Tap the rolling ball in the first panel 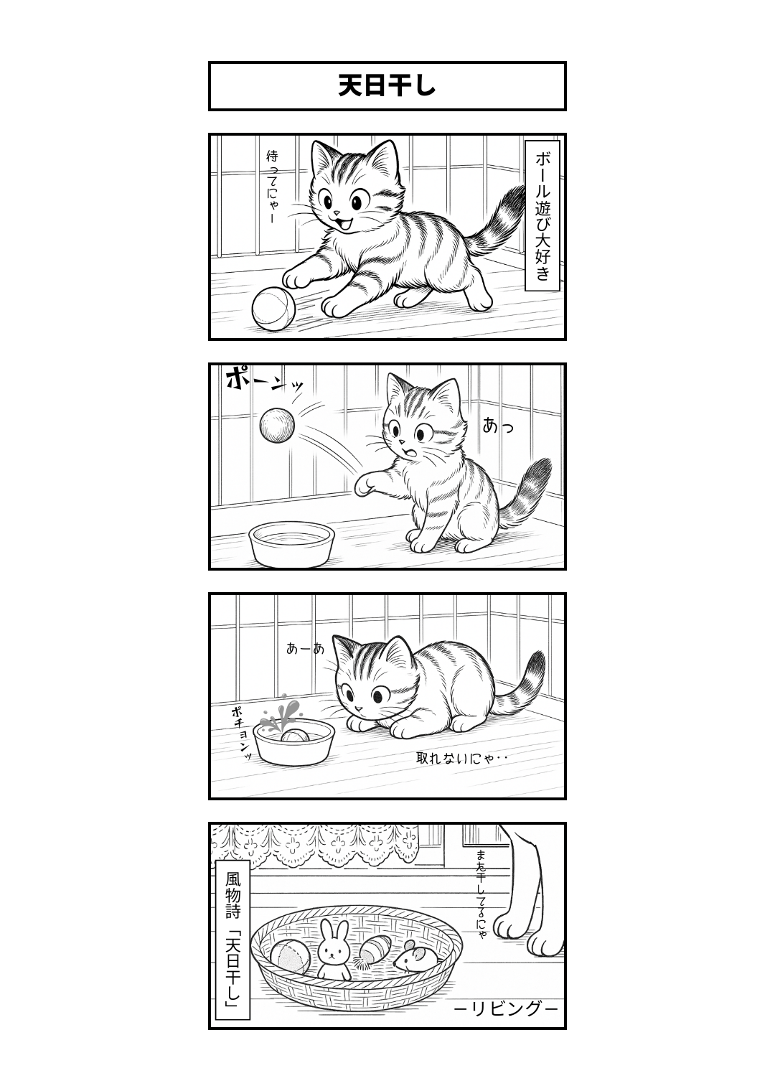(273, 309)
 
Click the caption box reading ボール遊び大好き (542, 216)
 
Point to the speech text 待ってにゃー (272, 187)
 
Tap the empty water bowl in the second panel (291, 545)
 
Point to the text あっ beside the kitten (498, 426)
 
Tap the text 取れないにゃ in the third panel (455, 758)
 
